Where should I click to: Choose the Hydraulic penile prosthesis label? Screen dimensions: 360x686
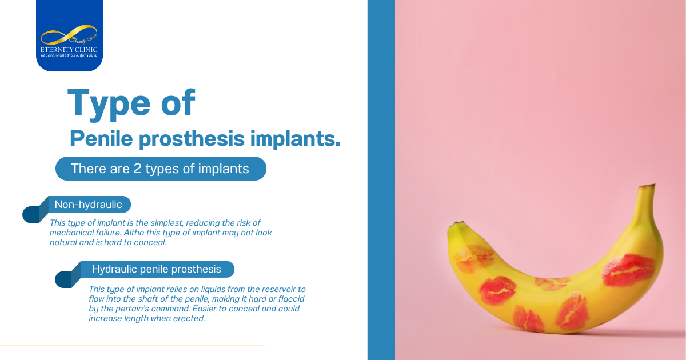coord(156,269)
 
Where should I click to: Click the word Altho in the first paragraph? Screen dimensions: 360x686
coord(146,233)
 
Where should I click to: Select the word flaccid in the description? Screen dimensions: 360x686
coord(290,299)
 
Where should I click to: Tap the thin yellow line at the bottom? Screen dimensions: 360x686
coord(131,345)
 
